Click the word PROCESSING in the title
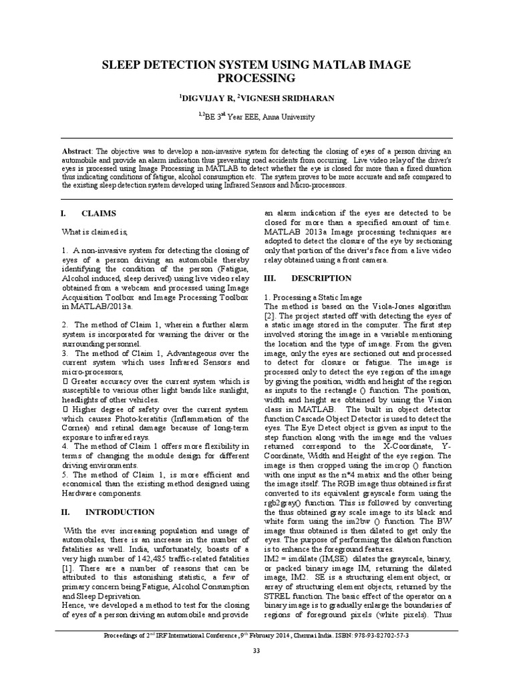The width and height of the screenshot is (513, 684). click(x=256, y=78)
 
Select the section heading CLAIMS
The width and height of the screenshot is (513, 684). click(x=99, y=213)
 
